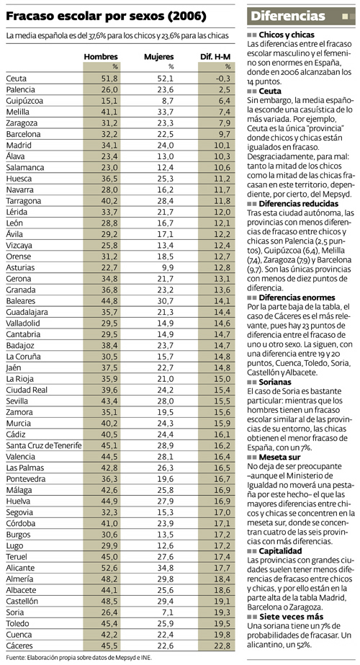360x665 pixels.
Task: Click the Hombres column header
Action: [101, 57]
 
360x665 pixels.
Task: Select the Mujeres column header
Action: [159, 57]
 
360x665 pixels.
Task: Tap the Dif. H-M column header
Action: [215, 57]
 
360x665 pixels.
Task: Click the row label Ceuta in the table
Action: [16, 79]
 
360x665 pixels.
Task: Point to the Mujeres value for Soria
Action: [168, 612]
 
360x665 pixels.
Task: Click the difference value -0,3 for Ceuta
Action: [222, 79]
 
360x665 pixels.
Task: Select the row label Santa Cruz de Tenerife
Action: [44, 445]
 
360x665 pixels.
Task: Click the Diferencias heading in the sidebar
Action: [288, 16]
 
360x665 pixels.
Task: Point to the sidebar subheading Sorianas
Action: [276, 382]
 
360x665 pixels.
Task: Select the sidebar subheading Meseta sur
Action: [279, 458]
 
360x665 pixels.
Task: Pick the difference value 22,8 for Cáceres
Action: [223, 646]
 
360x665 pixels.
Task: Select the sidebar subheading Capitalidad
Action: [281, 551]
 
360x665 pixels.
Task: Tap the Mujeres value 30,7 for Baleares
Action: [166, 301]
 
